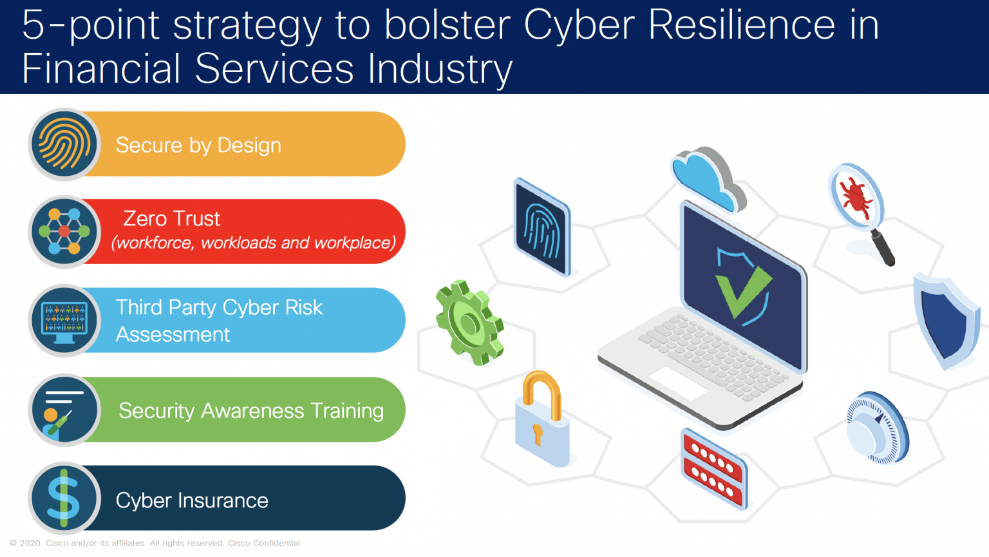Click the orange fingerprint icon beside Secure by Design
(x=64, y=144)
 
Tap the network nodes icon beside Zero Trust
(x=64, y=232)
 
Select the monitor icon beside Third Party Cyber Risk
(x=64, y=320)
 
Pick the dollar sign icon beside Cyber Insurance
(x=64, y=498)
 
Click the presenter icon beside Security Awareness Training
(x=64, y=410)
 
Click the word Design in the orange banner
(x=249, y=146)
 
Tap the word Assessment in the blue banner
(x=173, y=334)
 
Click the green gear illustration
(x=469, y=323)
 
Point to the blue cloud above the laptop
(x=708, y=179)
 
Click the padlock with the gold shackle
(x=542, y=419)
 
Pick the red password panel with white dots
(x=713, y=468)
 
